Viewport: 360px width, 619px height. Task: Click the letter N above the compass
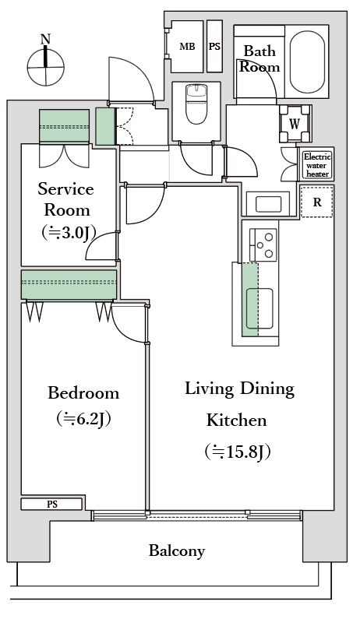pyautogui.click(x=46, y=39)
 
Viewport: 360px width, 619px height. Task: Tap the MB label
pyautogui.click(x=187, y=47)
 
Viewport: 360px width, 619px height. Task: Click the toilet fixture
pyautogui.click(x=196, y=104)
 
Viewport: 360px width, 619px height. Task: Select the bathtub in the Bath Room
pyautogui.click(x=308, y=62)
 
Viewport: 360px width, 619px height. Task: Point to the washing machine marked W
pyautogui.click(x=295, y=124)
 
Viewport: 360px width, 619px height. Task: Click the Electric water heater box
pyautogui.click(x=317, y=165)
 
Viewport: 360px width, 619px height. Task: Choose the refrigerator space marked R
pyautogui.click(x=317, y=202)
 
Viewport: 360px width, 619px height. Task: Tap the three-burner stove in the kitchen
pyautogui.click(x=263, y=244)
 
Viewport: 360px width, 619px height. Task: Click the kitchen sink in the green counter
pyautogui.click(x=259, y=308)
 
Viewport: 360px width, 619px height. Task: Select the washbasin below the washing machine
pyautogui.click(x=268, y=204)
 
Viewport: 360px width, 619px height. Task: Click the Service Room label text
pyautogui.click(x=66, y=199)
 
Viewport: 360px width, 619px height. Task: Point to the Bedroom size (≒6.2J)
pyautogui.click(x=83, y=419)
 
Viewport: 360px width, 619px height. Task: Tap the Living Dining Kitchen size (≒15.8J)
pyautogui.click(x=238, y=452)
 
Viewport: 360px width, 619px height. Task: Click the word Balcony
pyautogui.click(x=177, y=550)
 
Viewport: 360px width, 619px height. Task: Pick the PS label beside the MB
pyautogui.click(x=214, y=47)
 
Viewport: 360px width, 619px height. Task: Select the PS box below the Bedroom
pyautogui.click(x=51, y=504)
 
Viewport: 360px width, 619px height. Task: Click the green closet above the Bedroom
pyautogui.click(x=69, y=285)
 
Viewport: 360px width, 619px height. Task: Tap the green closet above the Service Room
pyautogui.click(x=65, y=126)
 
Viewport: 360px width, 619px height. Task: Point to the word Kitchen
pyautogui.click(x=237, y=420)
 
